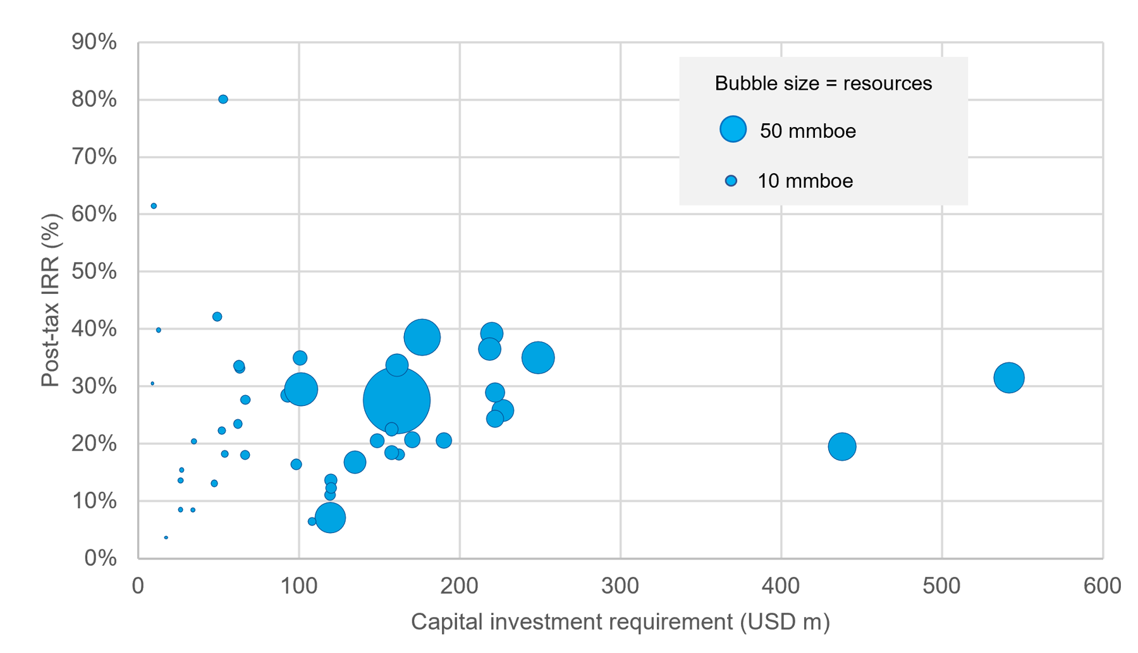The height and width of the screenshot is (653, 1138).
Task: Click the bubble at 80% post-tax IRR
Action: [x=223, y=99]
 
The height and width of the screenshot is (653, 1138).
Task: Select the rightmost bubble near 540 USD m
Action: [x=1008, y=378]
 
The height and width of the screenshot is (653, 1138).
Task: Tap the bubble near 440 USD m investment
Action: [x=841, y=447]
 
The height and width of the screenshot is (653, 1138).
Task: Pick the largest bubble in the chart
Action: [x=396, y=400]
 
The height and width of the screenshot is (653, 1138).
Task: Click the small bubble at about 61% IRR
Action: [x=154, y=206]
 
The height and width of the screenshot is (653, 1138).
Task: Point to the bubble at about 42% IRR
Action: [x=217, y=317]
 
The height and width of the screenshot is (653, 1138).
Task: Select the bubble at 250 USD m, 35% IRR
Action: [x=538, y=358]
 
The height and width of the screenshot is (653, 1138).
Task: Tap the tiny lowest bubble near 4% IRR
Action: [x=166, y=538]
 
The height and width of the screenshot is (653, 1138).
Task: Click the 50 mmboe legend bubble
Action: [x=733, y=130]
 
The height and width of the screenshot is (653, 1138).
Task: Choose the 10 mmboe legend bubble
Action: [x=731, y=181]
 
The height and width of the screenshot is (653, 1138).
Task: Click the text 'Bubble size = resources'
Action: [x=823, y=83]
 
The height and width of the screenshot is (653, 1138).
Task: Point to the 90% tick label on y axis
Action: [x=94, y=42]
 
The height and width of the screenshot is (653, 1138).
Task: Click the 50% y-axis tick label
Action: [x=94, y=272]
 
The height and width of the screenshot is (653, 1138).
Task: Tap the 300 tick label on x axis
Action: [x=620, y=586]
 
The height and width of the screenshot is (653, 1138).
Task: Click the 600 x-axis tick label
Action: [x=1103, y=586]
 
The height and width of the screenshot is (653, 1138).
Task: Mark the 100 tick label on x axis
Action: [x=298, y=586]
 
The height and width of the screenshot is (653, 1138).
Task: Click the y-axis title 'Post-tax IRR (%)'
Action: [x=51, y=300]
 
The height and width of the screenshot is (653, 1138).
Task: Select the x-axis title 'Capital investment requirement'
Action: [x=620, y=622]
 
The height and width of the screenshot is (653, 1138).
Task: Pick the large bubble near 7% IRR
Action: [x=330, y=518]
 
